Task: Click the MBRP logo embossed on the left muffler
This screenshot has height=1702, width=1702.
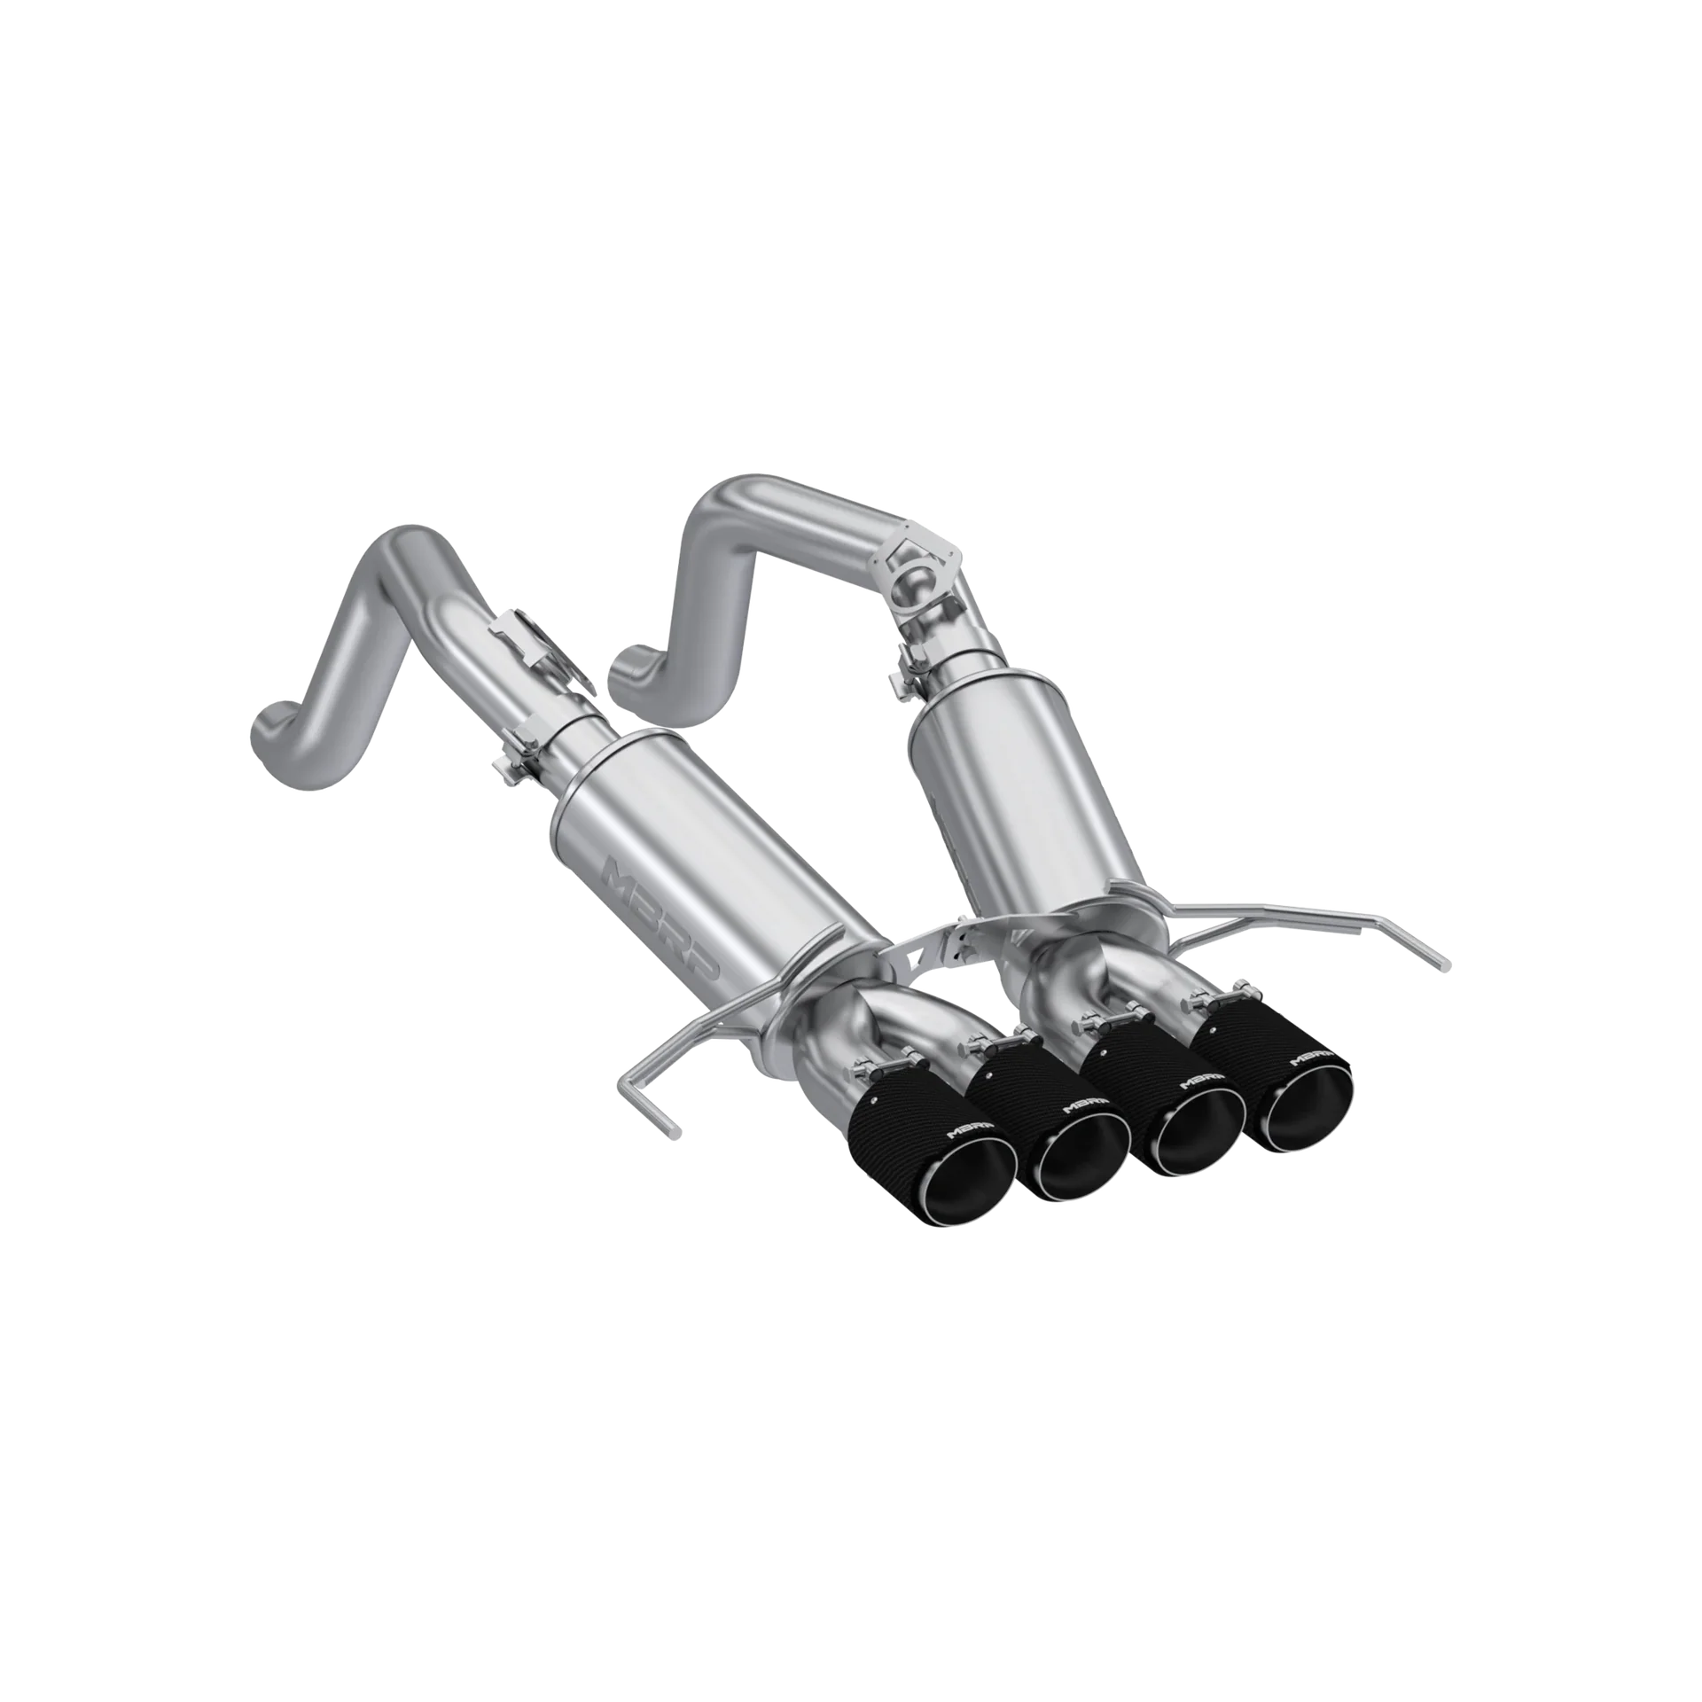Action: click(664, 917)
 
